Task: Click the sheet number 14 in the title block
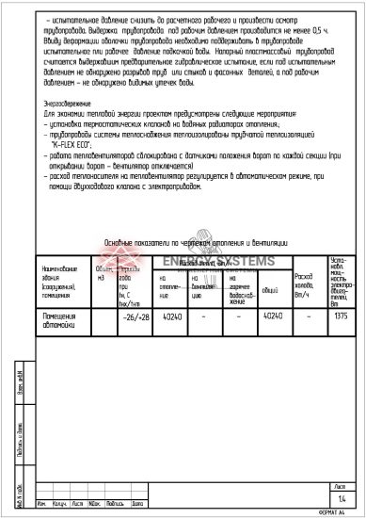[341, 496]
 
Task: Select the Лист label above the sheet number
[341, 485]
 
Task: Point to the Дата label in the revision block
[137, 503]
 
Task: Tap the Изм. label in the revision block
[40, 503]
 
